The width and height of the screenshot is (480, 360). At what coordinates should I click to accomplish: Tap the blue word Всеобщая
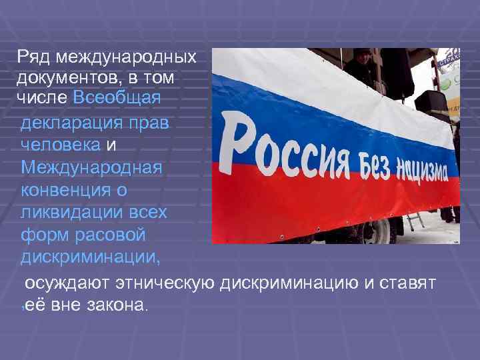pyautogui.click(x=117, y=98)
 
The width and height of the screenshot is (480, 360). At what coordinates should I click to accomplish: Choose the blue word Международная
pyautogui.click(x=91, y=167)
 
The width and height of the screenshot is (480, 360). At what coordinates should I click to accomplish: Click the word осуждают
pyautogui.click(x=65, y=283)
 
